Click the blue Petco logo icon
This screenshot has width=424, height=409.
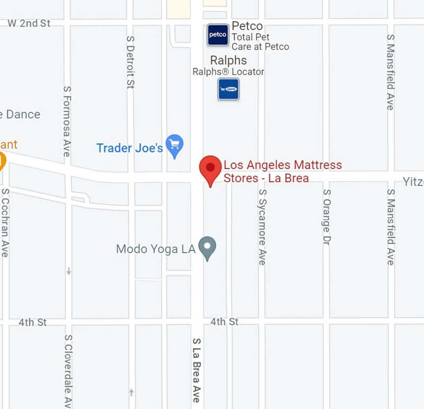(218, 35)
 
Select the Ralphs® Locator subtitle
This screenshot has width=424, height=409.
(228, 72)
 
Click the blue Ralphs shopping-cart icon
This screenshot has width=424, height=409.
(228, 89)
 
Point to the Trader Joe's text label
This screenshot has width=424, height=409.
(129, 148)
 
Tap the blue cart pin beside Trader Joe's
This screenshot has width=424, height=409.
(174, 145)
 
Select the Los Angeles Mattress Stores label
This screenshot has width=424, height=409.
(282, 171)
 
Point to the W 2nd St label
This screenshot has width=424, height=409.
(29, 23)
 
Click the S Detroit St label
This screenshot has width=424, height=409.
(130, 62)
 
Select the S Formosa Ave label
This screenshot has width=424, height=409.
(66, 121)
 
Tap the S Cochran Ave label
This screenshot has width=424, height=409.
(5, 223)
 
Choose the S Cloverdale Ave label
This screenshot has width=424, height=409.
(67, 371)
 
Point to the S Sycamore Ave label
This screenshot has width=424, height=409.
(261, 227)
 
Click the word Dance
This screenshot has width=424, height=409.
(22, 114)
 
